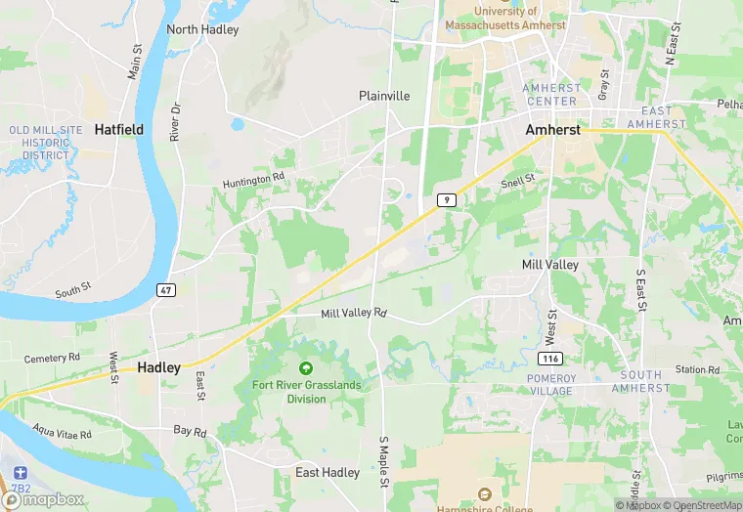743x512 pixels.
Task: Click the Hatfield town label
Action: click(x=118, y=129)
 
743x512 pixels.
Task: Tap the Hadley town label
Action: click(x=158, y=367)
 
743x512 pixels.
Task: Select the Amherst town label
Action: click(x=553, y=129)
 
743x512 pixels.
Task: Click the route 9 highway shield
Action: click(x=446, y=199)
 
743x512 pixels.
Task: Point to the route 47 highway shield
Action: click(x=167, y=290)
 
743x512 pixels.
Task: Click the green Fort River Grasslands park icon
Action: click(x=306, y=368)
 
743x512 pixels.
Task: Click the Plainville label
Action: click(x=384, y=96)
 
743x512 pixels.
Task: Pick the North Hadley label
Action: click(x=202, y=29)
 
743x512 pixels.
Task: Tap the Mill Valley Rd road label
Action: click(x=354, y=313)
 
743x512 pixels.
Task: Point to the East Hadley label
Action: click(x=328, y=473)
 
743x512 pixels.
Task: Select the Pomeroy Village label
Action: click(x=549, y=384)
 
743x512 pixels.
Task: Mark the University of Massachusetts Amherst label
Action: click(x=505, y=17)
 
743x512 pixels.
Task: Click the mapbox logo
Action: click(x=45, y=499)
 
